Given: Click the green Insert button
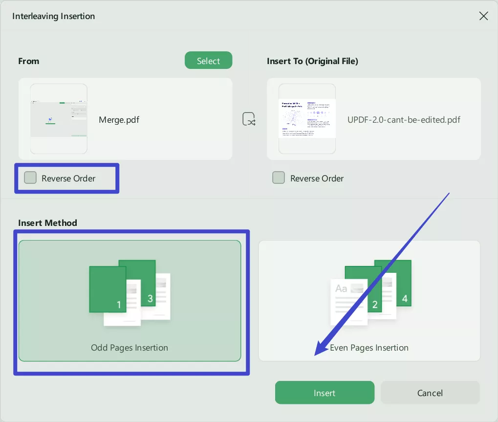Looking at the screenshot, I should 325,393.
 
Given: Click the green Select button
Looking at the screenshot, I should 208,61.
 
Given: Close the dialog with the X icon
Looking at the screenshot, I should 483,16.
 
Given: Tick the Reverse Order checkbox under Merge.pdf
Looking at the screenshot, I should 30,178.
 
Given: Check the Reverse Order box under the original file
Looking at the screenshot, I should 279,178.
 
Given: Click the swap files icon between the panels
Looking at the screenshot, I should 249,119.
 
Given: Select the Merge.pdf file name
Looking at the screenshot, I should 119,119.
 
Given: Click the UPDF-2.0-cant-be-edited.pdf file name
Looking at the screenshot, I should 404,119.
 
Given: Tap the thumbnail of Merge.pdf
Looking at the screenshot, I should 59,119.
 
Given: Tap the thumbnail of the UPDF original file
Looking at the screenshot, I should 307,119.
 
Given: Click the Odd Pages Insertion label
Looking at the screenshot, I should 130,348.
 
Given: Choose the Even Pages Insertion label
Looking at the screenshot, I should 369,348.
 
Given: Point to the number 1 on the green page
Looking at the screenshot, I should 119,305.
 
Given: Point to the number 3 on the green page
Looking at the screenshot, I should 150,298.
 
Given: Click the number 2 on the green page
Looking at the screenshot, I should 375,305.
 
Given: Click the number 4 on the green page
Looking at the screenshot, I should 405,298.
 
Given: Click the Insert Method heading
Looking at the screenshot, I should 47,222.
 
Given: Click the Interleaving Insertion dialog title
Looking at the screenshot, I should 53,16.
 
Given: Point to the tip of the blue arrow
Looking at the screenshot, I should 316,354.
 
